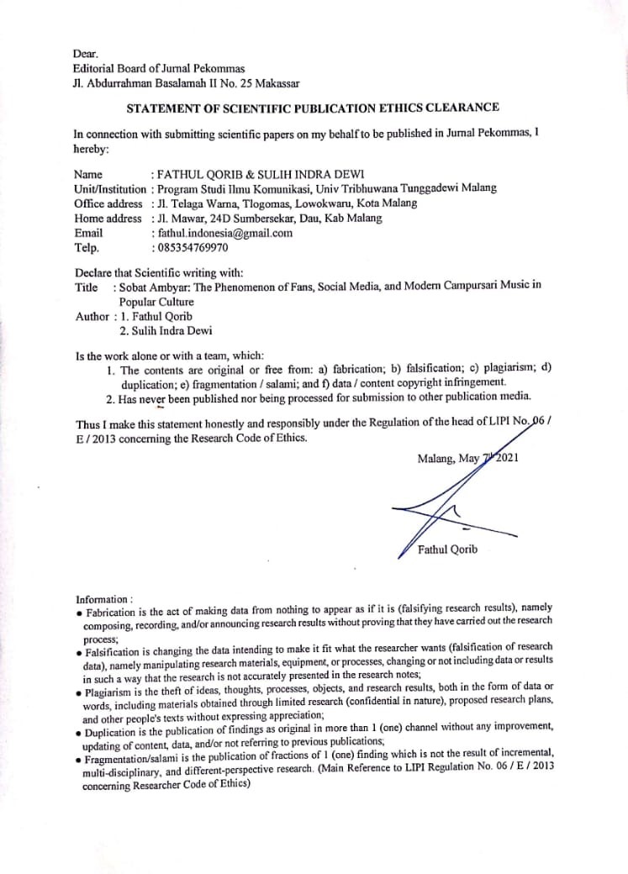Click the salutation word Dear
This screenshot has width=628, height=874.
click(86, 54)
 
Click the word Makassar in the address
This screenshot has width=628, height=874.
click(274, 82)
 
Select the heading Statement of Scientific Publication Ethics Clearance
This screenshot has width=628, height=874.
click(313, 108)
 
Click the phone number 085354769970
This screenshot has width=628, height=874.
click(193, 248)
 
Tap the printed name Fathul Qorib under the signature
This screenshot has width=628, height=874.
click(447, 550)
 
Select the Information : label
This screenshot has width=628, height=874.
click(104, 599)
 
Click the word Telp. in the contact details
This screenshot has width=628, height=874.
click(87, 248)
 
